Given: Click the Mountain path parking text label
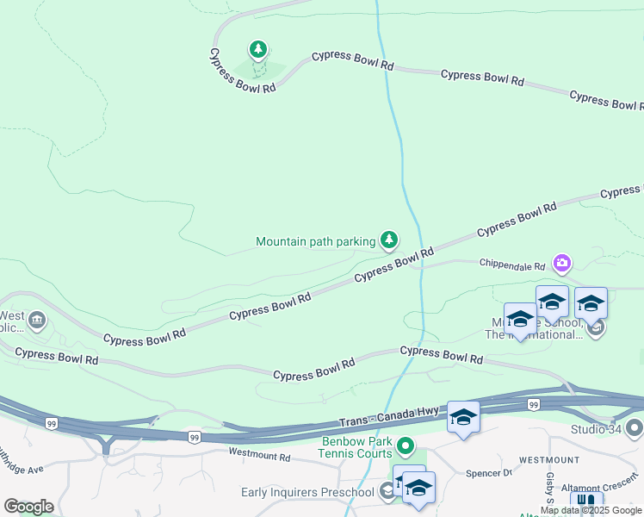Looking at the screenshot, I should (x=315, y=242).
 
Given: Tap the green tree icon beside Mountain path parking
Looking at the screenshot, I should (x=390, y=239).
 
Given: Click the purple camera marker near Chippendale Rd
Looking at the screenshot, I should (x=562, y=262).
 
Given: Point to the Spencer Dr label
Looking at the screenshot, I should (x=488, y=473).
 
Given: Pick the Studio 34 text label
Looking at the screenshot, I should (x=595, y=429).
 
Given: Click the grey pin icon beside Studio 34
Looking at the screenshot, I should (x=635, y=428).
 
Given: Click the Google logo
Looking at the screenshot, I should (x=28, y=507).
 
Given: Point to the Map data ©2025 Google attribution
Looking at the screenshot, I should (x=591, y=510).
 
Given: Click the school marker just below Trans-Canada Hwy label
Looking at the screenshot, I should (x=463, y=418).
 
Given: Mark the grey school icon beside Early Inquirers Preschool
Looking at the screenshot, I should (x=387, y=492).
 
